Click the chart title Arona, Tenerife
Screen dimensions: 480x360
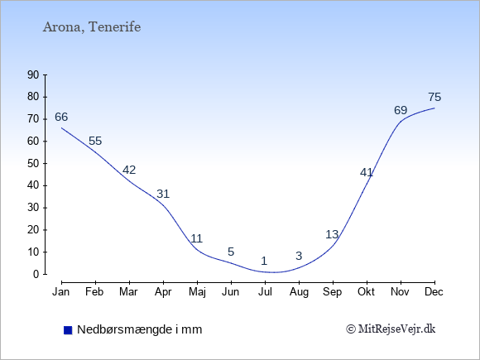click(92, 27)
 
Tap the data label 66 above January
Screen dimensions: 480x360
click(61, 117)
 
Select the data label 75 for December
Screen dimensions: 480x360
click(434, 97)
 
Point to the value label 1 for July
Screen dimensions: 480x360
click(264, 261)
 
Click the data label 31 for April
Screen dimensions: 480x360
click(163, 194)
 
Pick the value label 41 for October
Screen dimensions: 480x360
click(367, 173)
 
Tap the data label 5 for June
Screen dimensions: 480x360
click(231, 252)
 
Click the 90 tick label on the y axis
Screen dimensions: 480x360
click(33, 74)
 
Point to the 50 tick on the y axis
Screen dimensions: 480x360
click(33, 163)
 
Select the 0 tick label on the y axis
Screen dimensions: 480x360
click(36, 274)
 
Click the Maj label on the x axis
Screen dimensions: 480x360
click(197, 292)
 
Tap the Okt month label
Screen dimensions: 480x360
click(366, 291)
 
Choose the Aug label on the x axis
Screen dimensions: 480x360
click(299, 292)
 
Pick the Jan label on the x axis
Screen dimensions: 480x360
click(61, 291)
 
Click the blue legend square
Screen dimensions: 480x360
click(68, 330)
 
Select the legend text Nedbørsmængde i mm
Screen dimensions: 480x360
click(140, 329)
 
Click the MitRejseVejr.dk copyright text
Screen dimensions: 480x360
click(391, 329)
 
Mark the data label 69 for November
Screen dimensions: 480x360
click(401, 110)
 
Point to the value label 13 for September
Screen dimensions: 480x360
click(332, 234)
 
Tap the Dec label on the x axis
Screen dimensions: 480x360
click(434, 291)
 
